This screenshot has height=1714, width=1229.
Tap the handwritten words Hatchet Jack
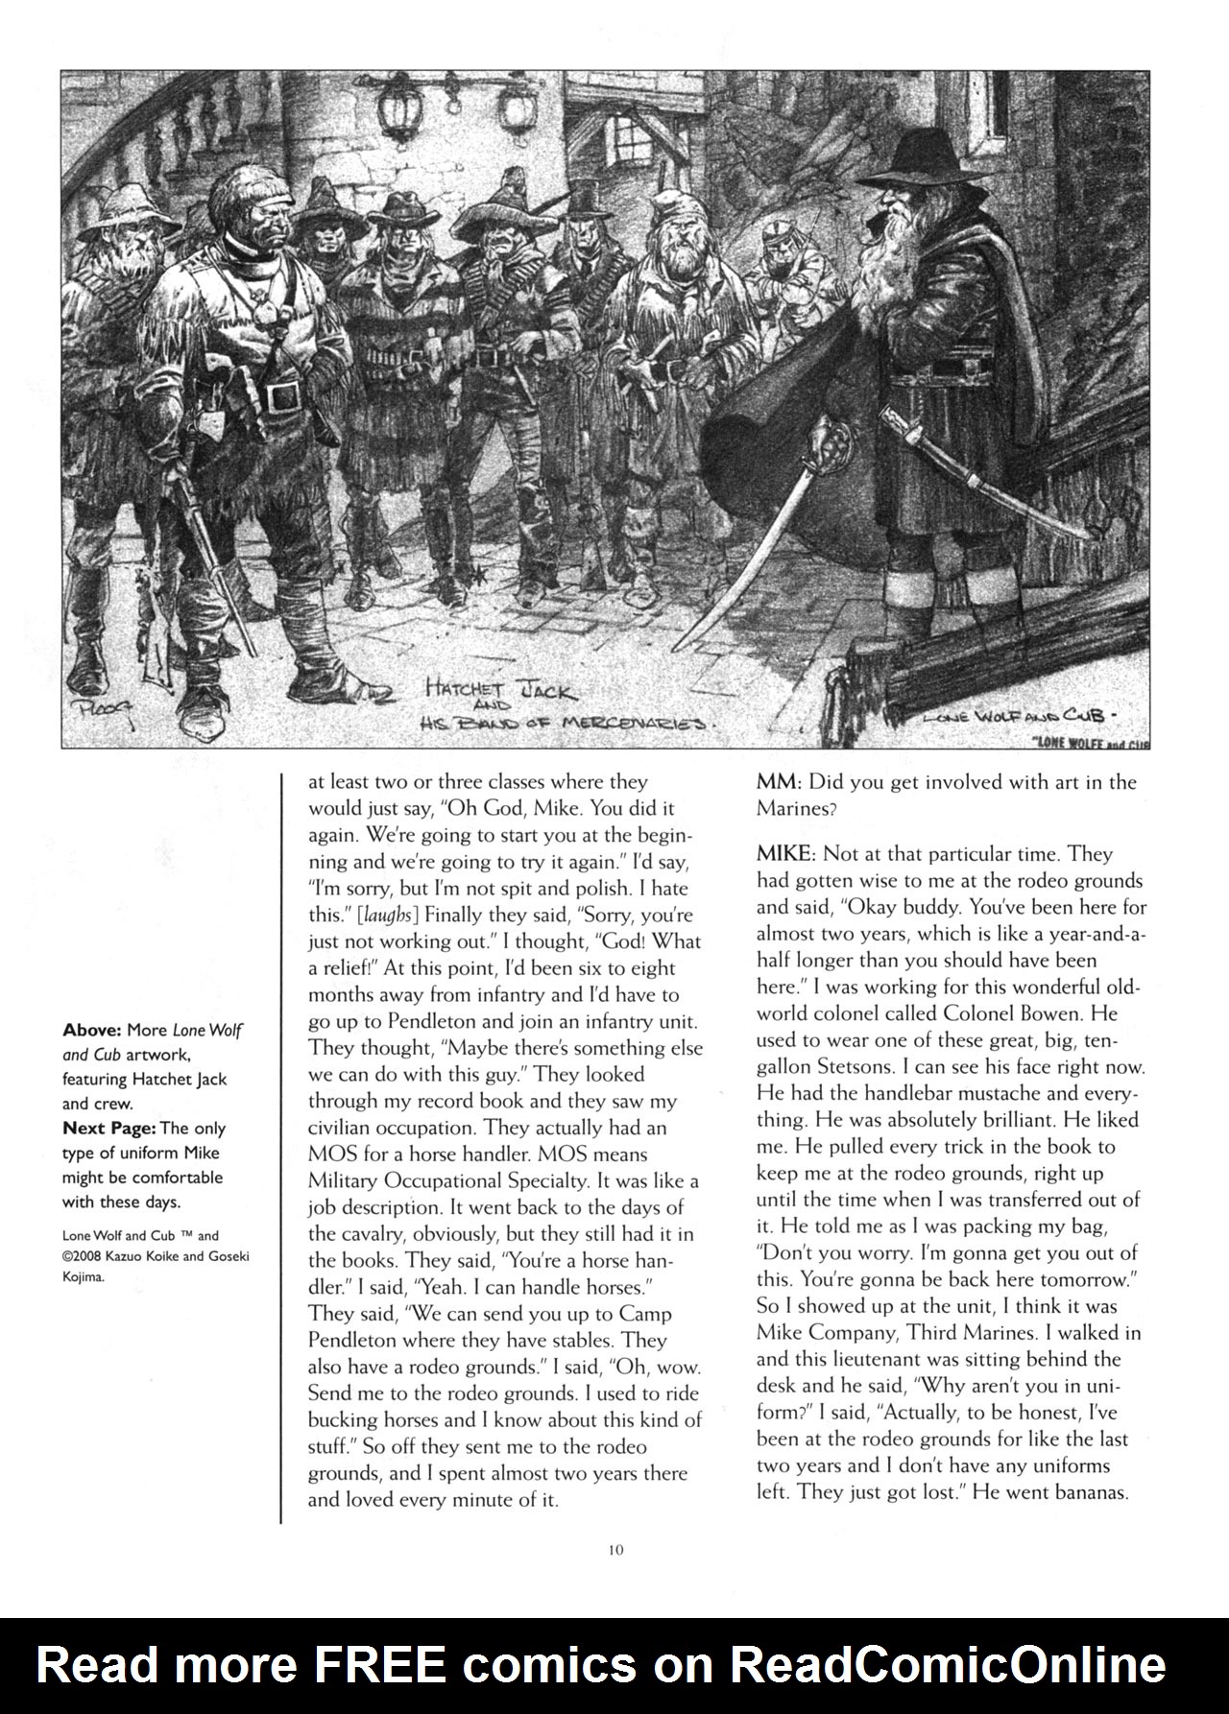(500, 690)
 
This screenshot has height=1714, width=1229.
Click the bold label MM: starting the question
(779, 781)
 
